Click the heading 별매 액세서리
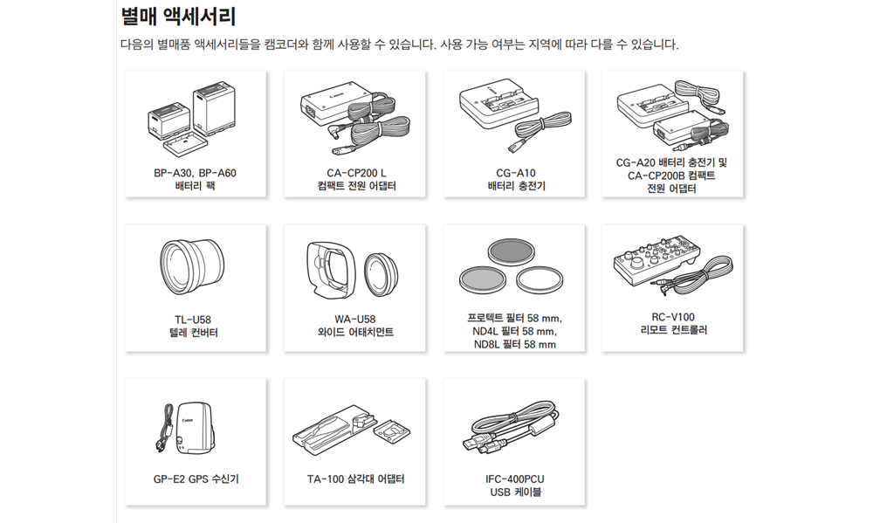178,16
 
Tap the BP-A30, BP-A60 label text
195,173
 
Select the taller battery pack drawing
214,108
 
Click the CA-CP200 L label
356,173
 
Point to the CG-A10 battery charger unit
498,105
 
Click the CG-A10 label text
516,173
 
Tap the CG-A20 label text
636,162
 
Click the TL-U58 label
193,320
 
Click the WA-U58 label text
354,320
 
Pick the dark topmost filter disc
511,252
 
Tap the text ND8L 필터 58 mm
515,344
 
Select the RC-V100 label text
673,317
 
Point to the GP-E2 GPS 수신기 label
196,479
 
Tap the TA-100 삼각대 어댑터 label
356,479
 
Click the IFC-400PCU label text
515,479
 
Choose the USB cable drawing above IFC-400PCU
511,427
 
